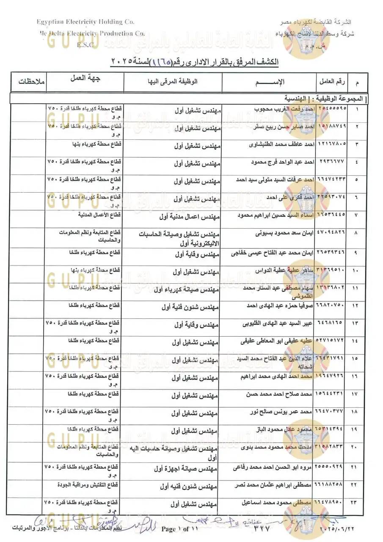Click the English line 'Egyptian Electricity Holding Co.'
[x=85, y=22]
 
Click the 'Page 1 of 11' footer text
[x=179, y=529]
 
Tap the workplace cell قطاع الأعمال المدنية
[x=100, y=215]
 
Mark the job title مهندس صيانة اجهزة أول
[x=185, y=468]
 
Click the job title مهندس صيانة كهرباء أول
[x=186, y=290]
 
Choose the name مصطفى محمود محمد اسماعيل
[x=276, y=503]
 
